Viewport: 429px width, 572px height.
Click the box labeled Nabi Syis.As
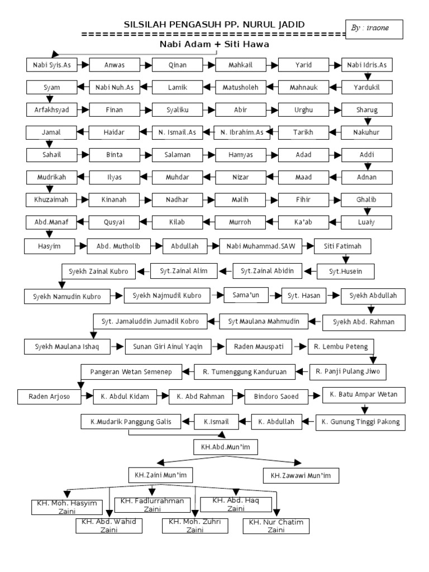(51, 65)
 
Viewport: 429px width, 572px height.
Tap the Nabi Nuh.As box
(115, 88)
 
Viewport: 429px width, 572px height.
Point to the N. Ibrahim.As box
(241, 132)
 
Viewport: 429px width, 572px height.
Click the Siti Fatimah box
(342, 245)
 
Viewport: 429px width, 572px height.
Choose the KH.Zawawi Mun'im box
(301, 475)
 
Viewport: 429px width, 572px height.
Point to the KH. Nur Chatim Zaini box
(276, 526)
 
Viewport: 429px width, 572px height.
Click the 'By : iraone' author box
(374, 28)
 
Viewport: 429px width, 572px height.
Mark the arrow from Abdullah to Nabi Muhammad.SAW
(213, 245)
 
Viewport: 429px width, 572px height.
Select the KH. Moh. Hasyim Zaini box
(66, 507)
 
